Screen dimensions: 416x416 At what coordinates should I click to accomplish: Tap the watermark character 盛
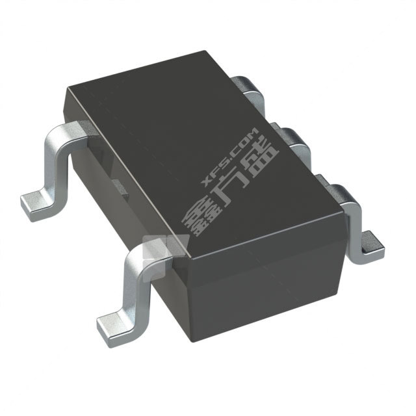click(x=264, y=168)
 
